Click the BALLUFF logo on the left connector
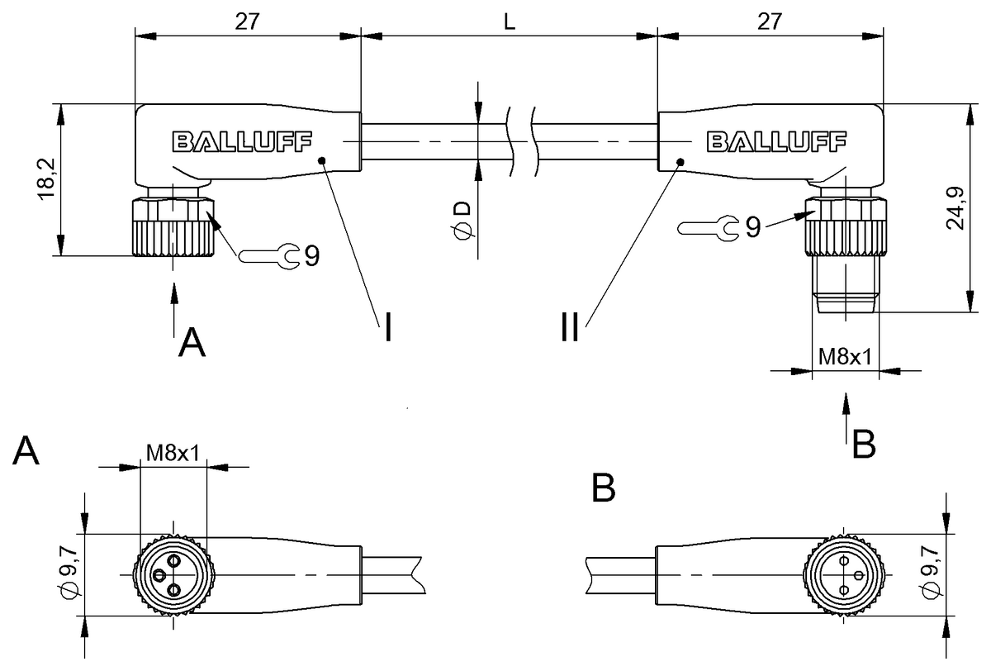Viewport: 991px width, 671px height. click(242, 142)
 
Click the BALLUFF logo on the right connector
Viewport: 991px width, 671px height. click(775, 142)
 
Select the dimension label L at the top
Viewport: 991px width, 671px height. click(510, 22)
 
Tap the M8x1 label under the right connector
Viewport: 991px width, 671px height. click(844, 356)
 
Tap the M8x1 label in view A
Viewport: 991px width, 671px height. click(173, 453)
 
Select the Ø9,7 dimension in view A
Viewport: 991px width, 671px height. click(70, 575)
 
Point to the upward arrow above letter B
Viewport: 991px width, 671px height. click(846, 416)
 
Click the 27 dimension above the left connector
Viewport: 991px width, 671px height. click(245, 22)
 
